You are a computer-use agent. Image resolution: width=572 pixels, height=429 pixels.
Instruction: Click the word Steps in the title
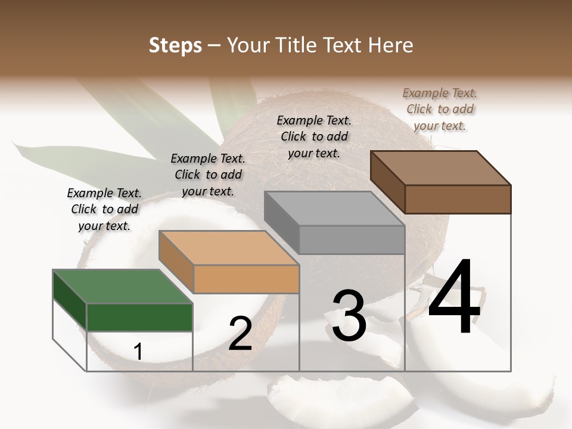click(175, 46)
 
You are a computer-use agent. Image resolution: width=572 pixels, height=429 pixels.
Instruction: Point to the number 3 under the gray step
click(349, 316)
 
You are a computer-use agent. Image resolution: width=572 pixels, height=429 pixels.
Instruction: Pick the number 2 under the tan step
click(240, 334)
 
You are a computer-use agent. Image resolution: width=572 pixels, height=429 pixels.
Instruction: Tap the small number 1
click(138, 352)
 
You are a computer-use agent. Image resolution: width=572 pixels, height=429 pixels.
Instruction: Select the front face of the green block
click(140, 317)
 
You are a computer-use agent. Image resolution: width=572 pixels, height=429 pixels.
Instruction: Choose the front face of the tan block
click(246, 279)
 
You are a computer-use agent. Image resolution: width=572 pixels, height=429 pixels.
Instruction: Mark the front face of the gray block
click(352, 240)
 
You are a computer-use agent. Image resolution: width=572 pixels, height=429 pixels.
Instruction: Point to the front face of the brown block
click(458, 199)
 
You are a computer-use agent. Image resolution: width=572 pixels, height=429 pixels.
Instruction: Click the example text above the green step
click(104, 209)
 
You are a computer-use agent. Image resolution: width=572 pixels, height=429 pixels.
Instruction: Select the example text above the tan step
click(208, 175)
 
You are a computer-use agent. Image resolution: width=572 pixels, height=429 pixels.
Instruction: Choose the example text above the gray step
click(314, 136)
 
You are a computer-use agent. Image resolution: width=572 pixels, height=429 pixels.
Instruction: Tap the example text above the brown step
click(440, 109)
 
